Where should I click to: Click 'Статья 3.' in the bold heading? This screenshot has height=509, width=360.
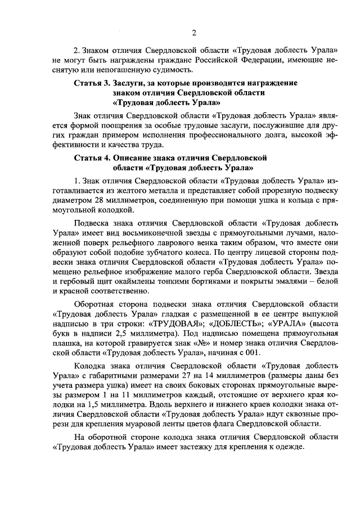point(92,83)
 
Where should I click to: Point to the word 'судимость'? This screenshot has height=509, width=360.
point(174,70)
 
